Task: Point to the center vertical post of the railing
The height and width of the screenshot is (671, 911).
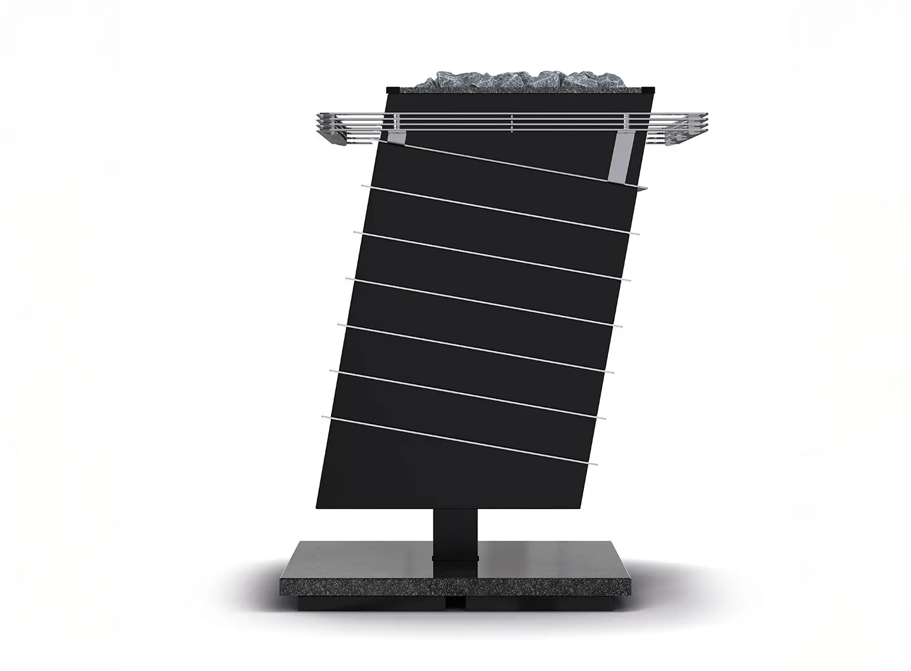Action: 511,123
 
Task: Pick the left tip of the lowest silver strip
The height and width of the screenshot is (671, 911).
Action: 324,417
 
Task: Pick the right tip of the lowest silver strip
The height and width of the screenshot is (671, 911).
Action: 594,465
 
